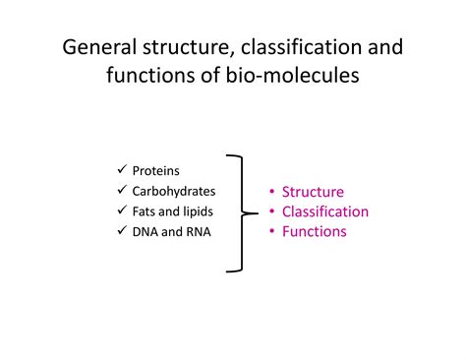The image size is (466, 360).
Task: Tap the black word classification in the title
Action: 307,48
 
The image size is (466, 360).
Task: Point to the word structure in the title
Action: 182,48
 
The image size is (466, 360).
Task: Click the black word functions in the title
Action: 149,76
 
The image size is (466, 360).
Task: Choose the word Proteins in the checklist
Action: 155,170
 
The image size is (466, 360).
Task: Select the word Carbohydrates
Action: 174,191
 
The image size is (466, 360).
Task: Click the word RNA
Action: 196,232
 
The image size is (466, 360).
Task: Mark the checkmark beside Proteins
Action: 121,169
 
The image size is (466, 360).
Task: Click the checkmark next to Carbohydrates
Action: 121,190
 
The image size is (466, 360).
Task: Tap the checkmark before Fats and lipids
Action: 121,210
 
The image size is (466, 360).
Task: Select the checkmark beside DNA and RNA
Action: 121,231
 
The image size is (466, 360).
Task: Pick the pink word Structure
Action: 313,192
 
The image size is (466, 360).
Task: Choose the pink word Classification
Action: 325,211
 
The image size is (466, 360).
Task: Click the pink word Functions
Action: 314,232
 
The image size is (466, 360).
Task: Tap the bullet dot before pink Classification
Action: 272,212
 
